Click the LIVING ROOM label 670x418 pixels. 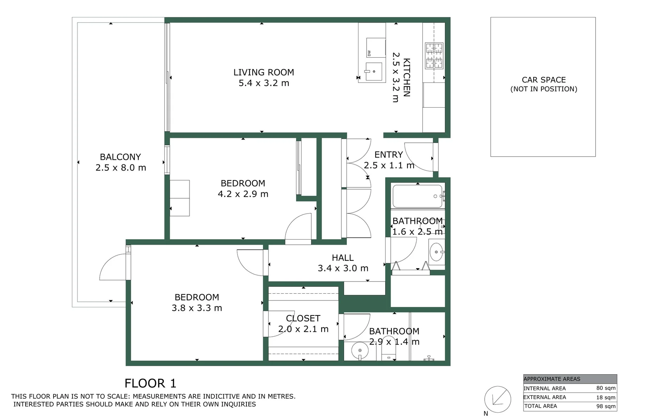pos(264,72)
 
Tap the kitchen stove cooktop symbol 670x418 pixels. pos(434,56)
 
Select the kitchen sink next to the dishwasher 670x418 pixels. pos(374,72)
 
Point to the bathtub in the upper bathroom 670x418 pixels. pos(417,196)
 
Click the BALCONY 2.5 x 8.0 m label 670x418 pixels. pos(121,162)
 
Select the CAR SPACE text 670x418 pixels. pos(543,80)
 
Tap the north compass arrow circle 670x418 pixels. pos(498,399)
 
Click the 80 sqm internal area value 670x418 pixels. pos(606,388)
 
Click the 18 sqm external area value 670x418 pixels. pos(606,397)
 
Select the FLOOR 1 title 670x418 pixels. pos(150,384)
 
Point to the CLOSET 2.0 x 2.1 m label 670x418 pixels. pos(303,324)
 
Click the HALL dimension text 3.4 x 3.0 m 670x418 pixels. pos(343,268)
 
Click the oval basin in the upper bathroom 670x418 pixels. pos(436,252)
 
